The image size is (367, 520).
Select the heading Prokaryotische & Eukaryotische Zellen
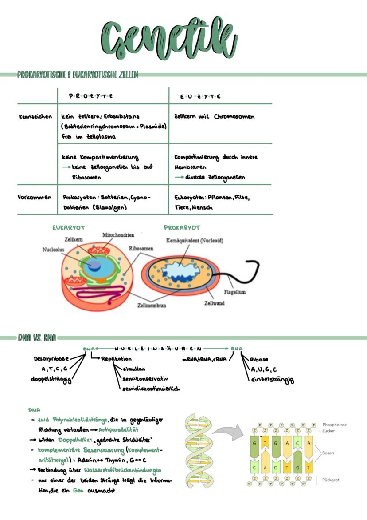click(x=78, y=75)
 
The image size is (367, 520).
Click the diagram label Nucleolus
click(x=53, y=250)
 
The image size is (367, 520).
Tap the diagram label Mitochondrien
click(x=118, y=234)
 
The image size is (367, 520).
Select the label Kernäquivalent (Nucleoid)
click(x=194, y=241)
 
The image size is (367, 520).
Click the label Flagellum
click(x=234, y=292)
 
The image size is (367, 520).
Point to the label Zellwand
click(x=214, y=303)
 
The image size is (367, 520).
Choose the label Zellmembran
click(x=152, y=306)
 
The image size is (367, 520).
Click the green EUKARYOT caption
click(x=68, y=227)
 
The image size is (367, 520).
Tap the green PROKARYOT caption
click(x=182, y=227)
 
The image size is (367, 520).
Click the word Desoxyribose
click(x=51, y=358)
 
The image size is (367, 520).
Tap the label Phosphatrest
click(x=335, y=425)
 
